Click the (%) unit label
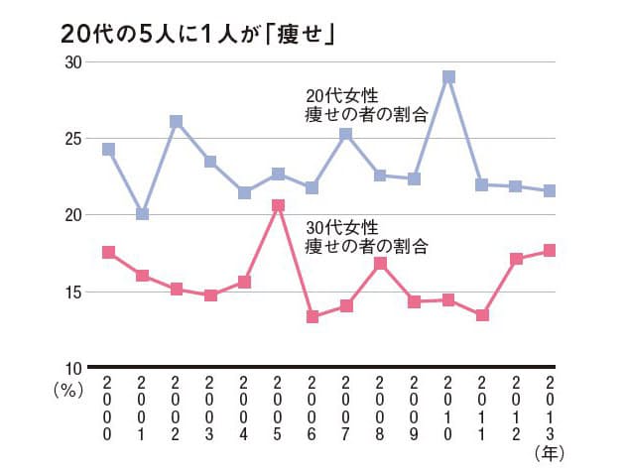tap(66, 391)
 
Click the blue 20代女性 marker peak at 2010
tap(448, 76)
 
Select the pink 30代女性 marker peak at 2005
tap(278, 205)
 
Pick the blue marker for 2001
tap(143, 214)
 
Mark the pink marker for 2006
tap(312, 316)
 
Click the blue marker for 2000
tap(108, 150)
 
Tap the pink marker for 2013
tap(550, 251)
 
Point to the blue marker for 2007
tap(346, 134)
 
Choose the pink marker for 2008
tap(380, 264)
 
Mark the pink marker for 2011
tap(482, 315)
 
